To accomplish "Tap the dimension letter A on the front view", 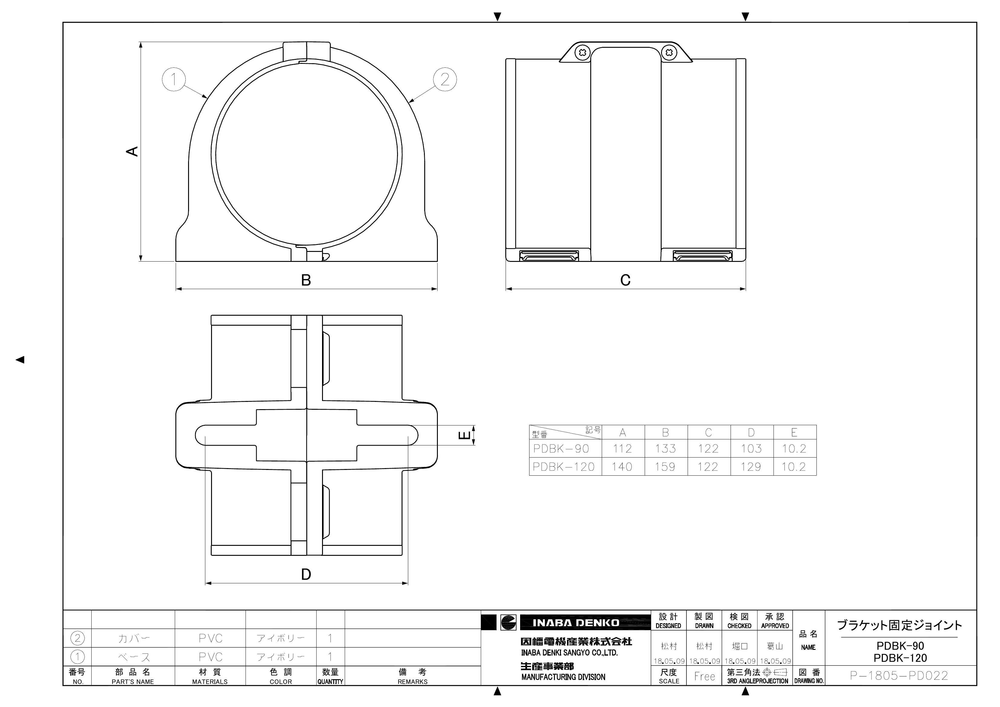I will click(x=132, y=151).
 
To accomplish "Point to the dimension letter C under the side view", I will click(x=625, y=280).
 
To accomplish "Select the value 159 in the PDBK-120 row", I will click(x=665, y=467).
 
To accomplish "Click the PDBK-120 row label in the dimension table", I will click(x=564, y=467).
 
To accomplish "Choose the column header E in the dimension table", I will click(x=794, y=432).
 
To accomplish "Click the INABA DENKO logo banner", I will click(x=576, y=623).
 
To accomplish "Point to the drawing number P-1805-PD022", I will click(x=899, y=676).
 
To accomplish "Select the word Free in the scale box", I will click(x=704, y=676).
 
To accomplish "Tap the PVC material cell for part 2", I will click(x=210, y=639).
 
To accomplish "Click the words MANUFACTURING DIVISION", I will click(x=563, y=677).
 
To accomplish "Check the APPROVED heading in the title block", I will click(x=775, y=626).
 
